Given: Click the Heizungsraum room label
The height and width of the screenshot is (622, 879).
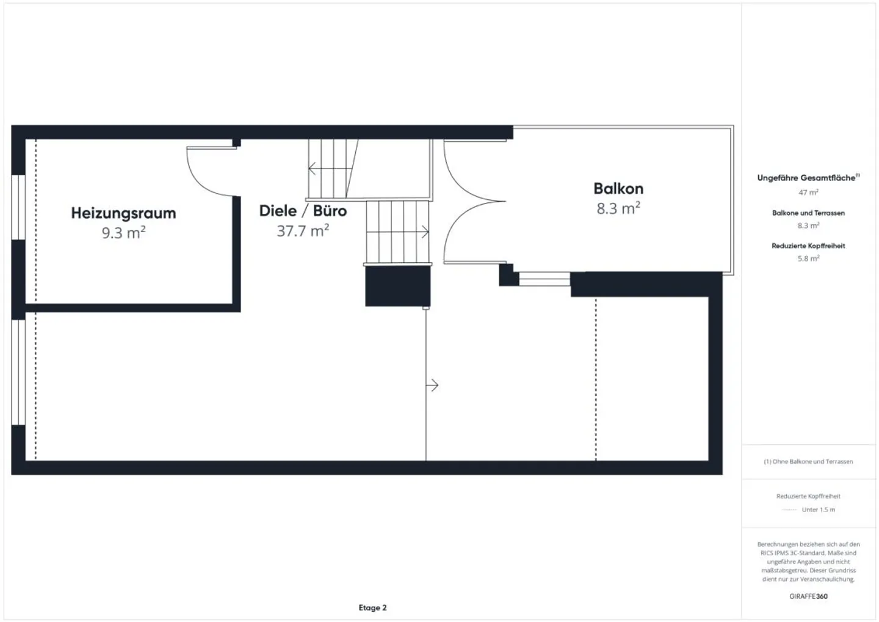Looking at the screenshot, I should click(x=123, y=213).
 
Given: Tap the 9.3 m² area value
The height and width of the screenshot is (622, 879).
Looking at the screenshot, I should click(x=123, y=233).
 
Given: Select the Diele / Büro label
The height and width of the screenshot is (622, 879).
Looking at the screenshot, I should click(x=303, y=211).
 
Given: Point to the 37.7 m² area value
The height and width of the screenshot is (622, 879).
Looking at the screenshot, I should click(x=303, y=231).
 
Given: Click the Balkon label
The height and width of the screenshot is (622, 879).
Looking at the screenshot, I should click(x=618, y=188).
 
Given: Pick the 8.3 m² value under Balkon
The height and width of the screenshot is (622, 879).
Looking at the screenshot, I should click(x=618, y=208).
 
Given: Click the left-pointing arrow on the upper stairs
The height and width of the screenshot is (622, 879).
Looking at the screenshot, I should click(x=313, y=168).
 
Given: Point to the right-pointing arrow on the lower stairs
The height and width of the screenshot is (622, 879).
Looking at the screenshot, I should click(x=424, y=232).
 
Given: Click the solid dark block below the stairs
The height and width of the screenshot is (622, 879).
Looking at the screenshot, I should click(x=397, y=287).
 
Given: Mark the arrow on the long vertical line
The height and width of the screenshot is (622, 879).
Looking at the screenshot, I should click(x=433, y=385).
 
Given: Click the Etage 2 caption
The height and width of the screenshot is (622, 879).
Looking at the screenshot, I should click(x=372, y=607).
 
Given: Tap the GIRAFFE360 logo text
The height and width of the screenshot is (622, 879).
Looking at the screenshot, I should click(x=808, y=596).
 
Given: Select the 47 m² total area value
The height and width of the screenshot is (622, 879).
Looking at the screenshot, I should click(x=808, y=192).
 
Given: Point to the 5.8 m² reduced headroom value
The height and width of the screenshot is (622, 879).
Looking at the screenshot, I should click(x=808, y=258).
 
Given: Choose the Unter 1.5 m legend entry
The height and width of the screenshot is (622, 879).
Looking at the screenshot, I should click(x=818, y=510).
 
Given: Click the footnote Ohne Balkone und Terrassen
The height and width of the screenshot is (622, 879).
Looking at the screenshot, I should click(x=808, y=461).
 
